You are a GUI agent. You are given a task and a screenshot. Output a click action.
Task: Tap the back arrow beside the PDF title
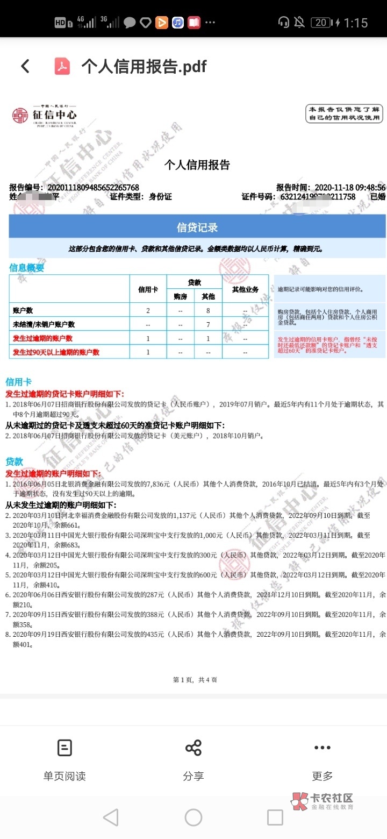25,66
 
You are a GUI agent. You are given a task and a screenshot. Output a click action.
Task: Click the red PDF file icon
62,66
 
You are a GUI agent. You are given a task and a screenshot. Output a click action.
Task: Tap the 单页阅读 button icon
64,748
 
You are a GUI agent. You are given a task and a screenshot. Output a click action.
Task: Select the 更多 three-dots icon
322,748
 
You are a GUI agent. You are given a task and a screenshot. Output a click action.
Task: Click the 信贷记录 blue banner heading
197,227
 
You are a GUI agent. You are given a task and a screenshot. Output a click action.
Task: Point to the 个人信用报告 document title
197,165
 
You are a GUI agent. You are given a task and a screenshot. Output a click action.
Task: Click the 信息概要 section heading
27,268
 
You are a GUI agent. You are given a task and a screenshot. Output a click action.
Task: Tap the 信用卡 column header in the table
148,289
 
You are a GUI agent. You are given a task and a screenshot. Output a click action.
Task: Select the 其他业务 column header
245,289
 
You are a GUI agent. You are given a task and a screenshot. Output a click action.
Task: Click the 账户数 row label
23,310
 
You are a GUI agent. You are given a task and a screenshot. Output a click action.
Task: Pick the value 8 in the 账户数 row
208,310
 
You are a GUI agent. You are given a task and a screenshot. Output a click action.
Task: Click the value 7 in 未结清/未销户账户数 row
208,324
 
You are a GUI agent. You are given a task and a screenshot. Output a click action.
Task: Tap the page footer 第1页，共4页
195,680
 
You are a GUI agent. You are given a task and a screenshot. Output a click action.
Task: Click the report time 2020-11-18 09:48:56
350,187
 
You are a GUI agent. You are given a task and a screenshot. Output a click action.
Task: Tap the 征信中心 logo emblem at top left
20,115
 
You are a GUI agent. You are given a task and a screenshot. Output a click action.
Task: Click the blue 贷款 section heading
15,462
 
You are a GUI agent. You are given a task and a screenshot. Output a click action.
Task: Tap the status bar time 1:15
356,23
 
